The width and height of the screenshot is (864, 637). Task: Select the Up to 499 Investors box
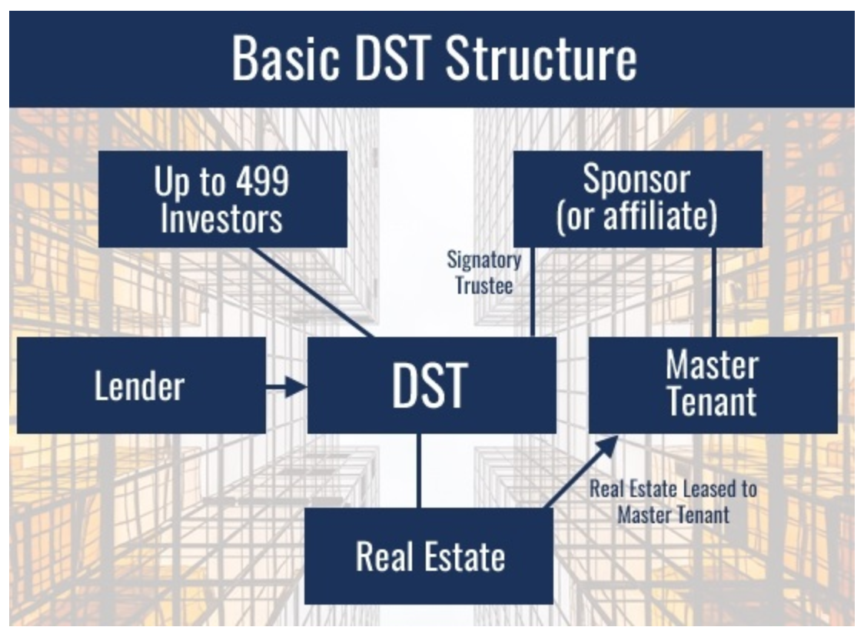click(222, 199)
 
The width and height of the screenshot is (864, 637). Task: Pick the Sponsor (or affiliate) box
click(637, 199)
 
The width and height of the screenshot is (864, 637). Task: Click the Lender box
click(141, 385)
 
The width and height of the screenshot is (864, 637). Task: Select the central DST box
click(431, 385)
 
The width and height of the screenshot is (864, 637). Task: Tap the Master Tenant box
click(713, 385)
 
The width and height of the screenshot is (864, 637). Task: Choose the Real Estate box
click(429, 556)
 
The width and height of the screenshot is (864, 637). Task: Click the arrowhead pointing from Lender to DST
click(296, 385)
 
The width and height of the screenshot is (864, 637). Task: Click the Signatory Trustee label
click(484, 272)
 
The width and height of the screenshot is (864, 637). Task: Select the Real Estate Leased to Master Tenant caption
click(673, 501)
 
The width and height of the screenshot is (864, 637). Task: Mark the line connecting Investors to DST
click(314, 292)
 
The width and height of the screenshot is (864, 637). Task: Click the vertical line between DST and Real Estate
click(419, 471)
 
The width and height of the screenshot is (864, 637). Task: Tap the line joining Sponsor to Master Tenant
click(714, 292)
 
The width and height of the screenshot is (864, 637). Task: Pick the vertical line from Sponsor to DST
click(533, 292)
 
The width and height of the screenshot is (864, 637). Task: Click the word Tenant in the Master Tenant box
click(712, 402)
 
